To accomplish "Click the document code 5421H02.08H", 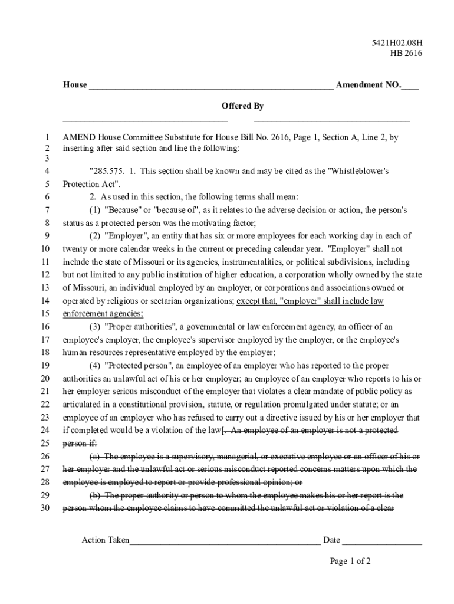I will coord(397,42).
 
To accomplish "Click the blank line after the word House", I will coord(210,86).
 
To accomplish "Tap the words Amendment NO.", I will coord(368,85).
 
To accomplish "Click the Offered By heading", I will coord(242,106).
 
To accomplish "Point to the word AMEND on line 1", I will coord(79,137).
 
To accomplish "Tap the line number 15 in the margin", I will coord(45,314).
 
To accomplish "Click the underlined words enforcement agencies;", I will coord(103,314).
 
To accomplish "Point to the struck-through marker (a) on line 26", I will coord(94,457).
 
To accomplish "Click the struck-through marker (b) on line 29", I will coord(94,495).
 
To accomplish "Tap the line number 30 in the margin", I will coord(45,508).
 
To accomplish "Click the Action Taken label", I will coord(105,540).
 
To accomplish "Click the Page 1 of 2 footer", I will coord(350,561).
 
